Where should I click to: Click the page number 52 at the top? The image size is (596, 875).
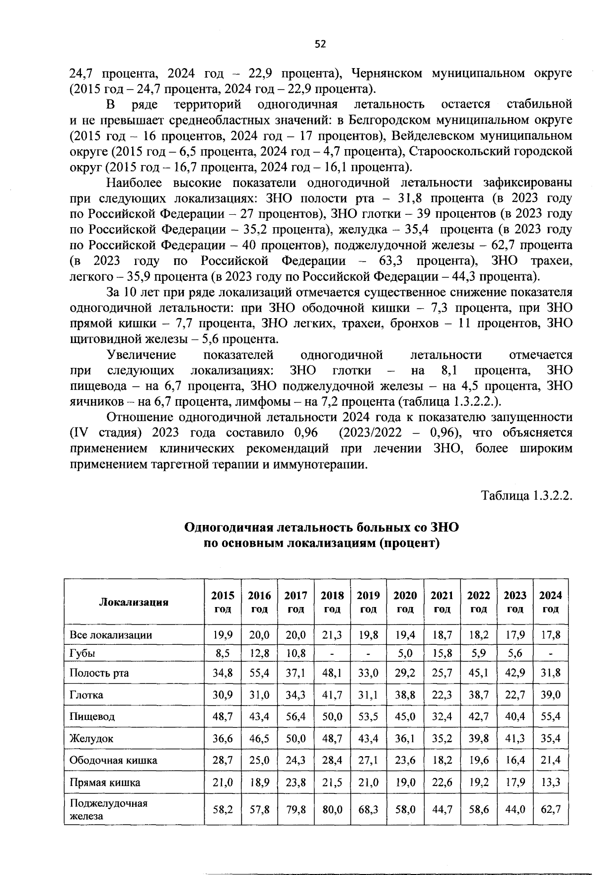(320, 44)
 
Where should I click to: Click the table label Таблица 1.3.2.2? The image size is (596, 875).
(527, 496)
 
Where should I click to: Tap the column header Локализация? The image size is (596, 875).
(134, 602)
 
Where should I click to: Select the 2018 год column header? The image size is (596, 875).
(332, 602)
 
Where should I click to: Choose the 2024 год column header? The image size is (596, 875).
(550, 602)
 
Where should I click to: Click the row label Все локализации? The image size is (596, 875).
(111, 635)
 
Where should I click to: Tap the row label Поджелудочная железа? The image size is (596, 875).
(109, 809)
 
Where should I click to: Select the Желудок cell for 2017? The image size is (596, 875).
(296, 738)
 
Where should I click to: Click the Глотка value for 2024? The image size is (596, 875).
(550, 695)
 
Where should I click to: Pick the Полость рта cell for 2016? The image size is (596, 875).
(259, 673)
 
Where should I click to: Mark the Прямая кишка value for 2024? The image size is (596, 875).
(550, 782)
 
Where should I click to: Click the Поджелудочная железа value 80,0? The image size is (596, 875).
(332, 809)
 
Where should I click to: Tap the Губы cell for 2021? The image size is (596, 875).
(442, 653)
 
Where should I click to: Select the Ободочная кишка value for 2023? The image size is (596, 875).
(515, 760)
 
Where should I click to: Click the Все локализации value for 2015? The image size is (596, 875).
(223, 635)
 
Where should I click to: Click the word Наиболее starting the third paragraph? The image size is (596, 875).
(135, 182)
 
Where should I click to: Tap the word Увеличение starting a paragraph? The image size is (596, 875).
(142, 355)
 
